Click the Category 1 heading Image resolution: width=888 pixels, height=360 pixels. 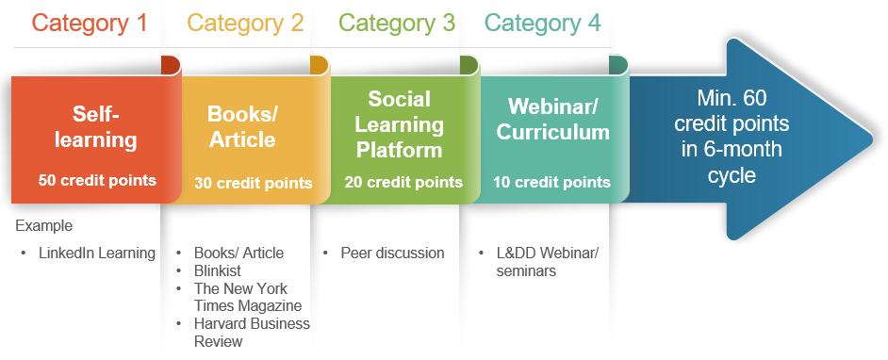(x=90, y=24)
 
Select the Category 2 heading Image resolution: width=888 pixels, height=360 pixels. (x=245, y=24)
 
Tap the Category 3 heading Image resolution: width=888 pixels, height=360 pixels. (x=397, y=24)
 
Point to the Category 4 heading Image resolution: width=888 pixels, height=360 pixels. (x=543, y=24)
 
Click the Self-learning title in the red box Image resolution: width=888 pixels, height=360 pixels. (x=96, y=127)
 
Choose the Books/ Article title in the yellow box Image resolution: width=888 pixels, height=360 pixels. (x=242, y=126)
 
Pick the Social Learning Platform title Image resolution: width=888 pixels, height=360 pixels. (x=400, y=124)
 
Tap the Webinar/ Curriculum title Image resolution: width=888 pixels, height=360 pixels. (x=552, y=119)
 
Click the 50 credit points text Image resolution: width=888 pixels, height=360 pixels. (x=97, y=180)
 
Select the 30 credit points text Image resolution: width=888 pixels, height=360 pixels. (x=254, y=183)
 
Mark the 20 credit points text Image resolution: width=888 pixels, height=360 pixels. (x=403, y=182)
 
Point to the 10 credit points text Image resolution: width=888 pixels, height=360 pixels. (x=551, y=182)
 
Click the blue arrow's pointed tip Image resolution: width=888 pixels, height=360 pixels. (x=872, y=139)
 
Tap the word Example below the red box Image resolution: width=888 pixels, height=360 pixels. (x=44, y=226)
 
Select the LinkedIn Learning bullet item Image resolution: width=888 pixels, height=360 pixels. (x=97, y=253)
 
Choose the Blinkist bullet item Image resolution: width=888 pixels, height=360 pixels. (x=218, y=270)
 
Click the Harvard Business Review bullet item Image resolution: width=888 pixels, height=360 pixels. (x=252, y=333)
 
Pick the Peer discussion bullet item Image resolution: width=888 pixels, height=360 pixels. (x=392, y=253)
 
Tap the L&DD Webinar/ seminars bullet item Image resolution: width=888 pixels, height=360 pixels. (x=547, y=261)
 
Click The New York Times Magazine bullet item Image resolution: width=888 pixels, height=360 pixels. (x=248, y=297)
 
